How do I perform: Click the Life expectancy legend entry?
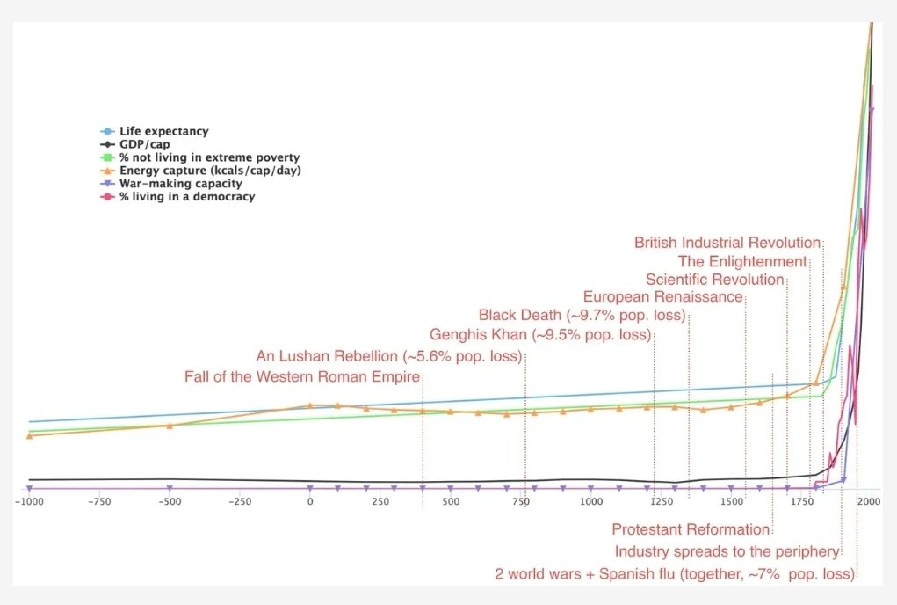155,131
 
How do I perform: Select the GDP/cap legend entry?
135,144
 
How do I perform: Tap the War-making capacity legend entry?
171,184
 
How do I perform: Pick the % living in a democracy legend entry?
177,197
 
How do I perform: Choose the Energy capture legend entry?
200,171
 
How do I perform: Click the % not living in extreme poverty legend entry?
199,157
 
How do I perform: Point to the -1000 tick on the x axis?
29,502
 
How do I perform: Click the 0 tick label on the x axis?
310,502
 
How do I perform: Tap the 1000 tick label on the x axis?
591,502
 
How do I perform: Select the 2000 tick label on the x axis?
869,502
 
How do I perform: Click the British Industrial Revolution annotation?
727,243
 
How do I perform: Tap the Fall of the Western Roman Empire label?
302,376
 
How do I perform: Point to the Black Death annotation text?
582,316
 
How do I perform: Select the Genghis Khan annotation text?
540,335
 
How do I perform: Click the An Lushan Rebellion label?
389,357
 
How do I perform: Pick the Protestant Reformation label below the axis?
691,529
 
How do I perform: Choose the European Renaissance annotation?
662,297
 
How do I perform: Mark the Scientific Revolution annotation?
714,280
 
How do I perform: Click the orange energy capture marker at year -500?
170,426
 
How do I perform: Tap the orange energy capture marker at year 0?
310,405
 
